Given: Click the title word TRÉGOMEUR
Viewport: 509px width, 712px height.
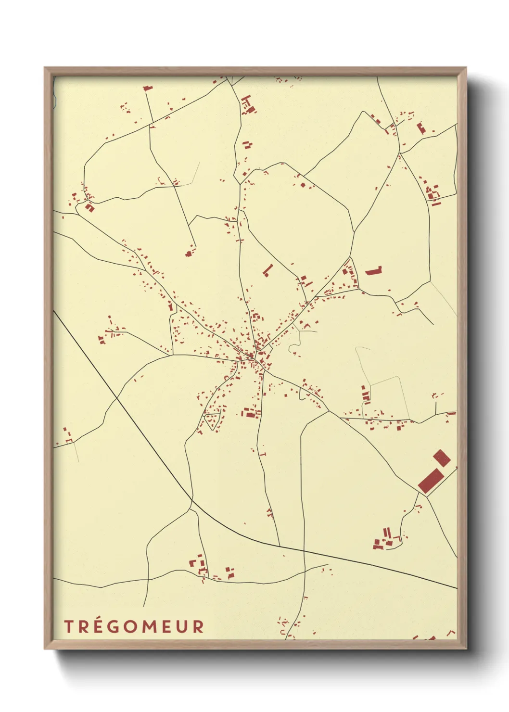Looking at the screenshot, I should coord(134,626).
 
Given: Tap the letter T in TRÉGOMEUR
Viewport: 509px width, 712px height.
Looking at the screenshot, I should coord(68,626).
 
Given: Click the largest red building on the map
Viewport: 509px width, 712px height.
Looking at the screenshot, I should coord(431,481).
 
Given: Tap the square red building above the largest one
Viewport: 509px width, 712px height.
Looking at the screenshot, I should coord(442,458).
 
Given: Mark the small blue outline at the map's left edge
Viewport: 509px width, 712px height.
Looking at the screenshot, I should coord(55,99).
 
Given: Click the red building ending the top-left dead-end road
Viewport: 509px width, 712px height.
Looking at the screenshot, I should coord(147,88).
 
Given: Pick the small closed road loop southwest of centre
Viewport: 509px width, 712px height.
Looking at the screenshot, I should coord(212,421).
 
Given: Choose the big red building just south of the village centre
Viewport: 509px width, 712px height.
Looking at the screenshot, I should coord(250,413).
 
